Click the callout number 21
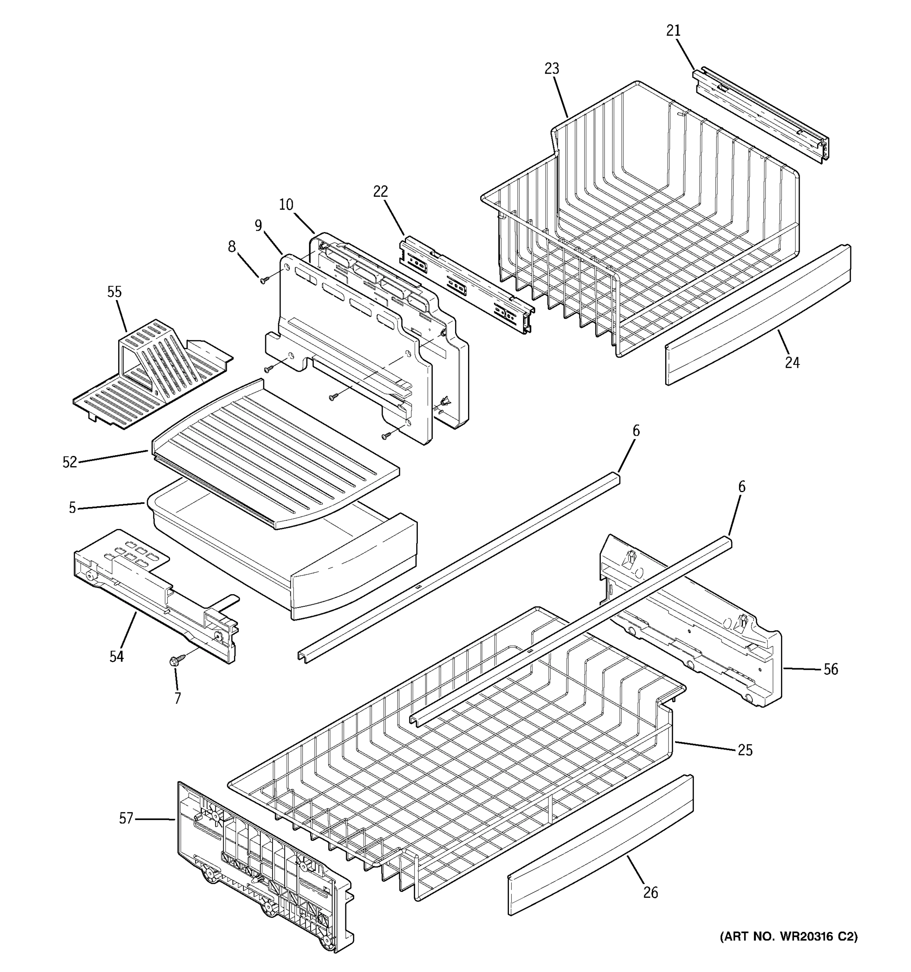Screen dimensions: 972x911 (673, 31)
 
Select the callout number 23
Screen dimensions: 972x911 (552, 69)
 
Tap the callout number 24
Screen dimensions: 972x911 (792, 363)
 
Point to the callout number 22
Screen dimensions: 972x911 (380, 192)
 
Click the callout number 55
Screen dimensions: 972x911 (114, 292)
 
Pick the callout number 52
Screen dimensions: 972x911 (70, 462)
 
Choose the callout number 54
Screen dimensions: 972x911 (116, 657)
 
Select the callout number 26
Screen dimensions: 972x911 (651, 893)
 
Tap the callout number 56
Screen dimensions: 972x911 (831, 669)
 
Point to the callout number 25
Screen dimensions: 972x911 (745, 750)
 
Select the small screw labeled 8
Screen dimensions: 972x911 (264, 280)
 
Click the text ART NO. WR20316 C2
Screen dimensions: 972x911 (788, 937)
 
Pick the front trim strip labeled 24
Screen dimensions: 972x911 (758, 315)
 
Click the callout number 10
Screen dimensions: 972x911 (286, 205)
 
